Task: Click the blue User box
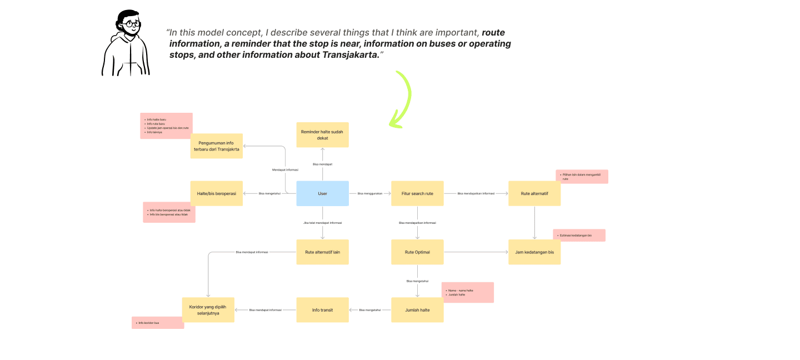coord(322,193)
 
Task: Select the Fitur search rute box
coord(417,193)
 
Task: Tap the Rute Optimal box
coord(417,252)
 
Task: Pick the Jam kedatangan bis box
coord(534,252)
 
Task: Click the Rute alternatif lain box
coord(322,252)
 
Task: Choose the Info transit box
coord(322,310)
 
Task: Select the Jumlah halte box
coord(417,310)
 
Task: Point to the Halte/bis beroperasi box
coord(216,193)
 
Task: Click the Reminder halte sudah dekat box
coord(322,134)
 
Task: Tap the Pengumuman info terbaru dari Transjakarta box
coord(216,146)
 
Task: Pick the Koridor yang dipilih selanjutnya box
coord(208,310)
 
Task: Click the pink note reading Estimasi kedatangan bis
coord(579,236)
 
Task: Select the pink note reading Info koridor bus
coord(157,323)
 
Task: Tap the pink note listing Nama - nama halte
coord(468,292)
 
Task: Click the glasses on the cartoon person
coord(132,24)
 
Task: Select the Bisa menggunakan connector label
coord(370,193)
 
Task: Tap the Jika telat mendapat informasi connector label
coord(322,223)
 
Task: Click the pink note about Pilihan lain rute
coord(582,177)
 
